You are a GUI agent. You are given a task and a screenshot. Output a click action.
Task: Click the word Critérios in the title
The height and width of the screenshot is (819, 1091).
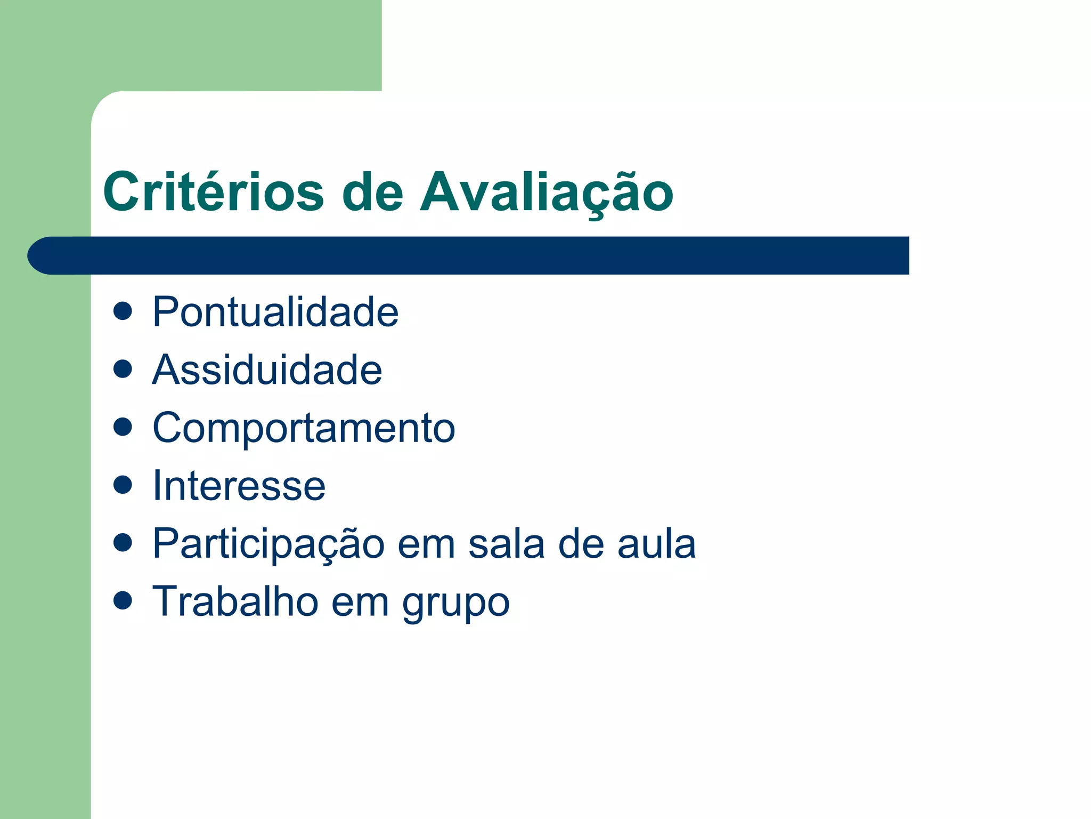(213, 192)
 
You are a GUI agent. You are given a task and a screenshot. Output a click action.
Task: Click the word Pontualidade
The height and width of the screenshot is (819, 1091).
(275, 312)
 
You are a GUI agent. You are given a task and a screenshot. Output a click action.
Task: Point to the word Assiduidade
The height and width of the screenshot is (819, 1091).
(267, 370)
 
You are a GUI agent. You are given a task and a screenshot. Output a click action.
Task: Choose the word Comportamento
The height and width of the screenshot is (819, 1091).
(304, 428)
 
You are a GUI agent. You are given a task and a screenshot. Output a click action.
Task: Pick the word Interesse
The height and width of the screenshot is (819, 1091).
(239, 486)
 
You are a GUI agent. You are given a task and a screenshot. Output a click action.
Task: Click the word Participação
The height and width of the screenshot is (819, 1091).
(268, 544)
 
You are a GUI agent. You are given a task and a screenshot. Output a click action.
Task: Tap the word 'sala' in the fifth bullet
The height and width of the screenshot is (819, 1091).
(507, 544)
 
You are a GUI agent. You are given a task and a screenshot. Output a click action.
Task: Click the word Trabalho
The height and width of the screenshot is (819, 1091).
(235, 601)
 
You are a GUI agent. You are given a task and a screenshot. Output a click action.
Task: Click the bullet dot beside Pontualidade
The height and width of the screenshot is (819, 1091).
(123, 311)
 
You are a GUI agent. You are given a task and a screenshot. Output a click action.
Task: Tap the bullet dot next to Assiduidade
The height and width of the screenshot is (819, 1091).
(123, 369)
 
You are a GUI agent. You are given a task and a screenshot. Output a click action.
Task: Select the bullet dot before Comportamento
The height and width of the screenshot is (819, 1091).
(123, 427)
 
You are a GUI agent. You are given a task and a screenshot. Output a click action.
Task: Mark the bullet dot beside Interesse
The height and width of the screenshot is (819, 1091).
(123, 485)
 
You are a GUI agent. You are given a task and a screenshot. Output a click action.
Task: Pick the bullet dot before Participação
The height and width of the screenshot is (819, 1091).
(123, 543)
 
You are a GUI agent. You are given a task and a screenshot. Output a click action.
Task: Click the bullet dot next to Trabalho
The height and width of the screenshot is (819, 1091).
(123, 601)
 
